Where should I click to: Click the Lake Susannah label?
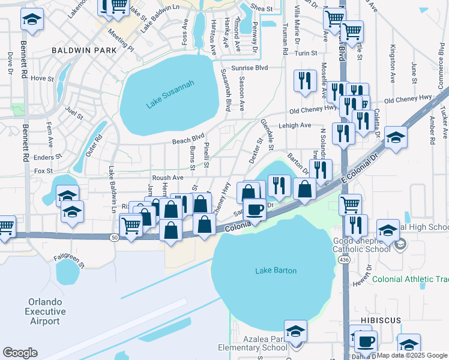pos(163,99)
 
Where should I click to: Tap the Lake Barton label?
pos(276,271)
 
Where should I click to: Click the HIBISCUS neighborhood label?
pos(381,321)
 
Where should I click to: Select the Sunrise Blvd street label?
pos(253,68)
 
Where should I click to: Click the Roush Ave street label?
pos(167,178)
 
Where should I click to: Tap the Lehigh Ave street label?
pos(294,125)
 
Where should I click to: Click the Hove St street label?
pos(42,78)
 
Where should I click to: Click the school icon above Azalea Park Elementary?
pos(295,331)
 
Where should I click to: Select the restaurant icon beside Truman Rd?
pos(305,80)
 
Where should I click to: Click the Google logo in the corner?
pos(20,353)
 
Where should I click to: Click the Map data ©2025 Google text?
pos(412,355)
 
